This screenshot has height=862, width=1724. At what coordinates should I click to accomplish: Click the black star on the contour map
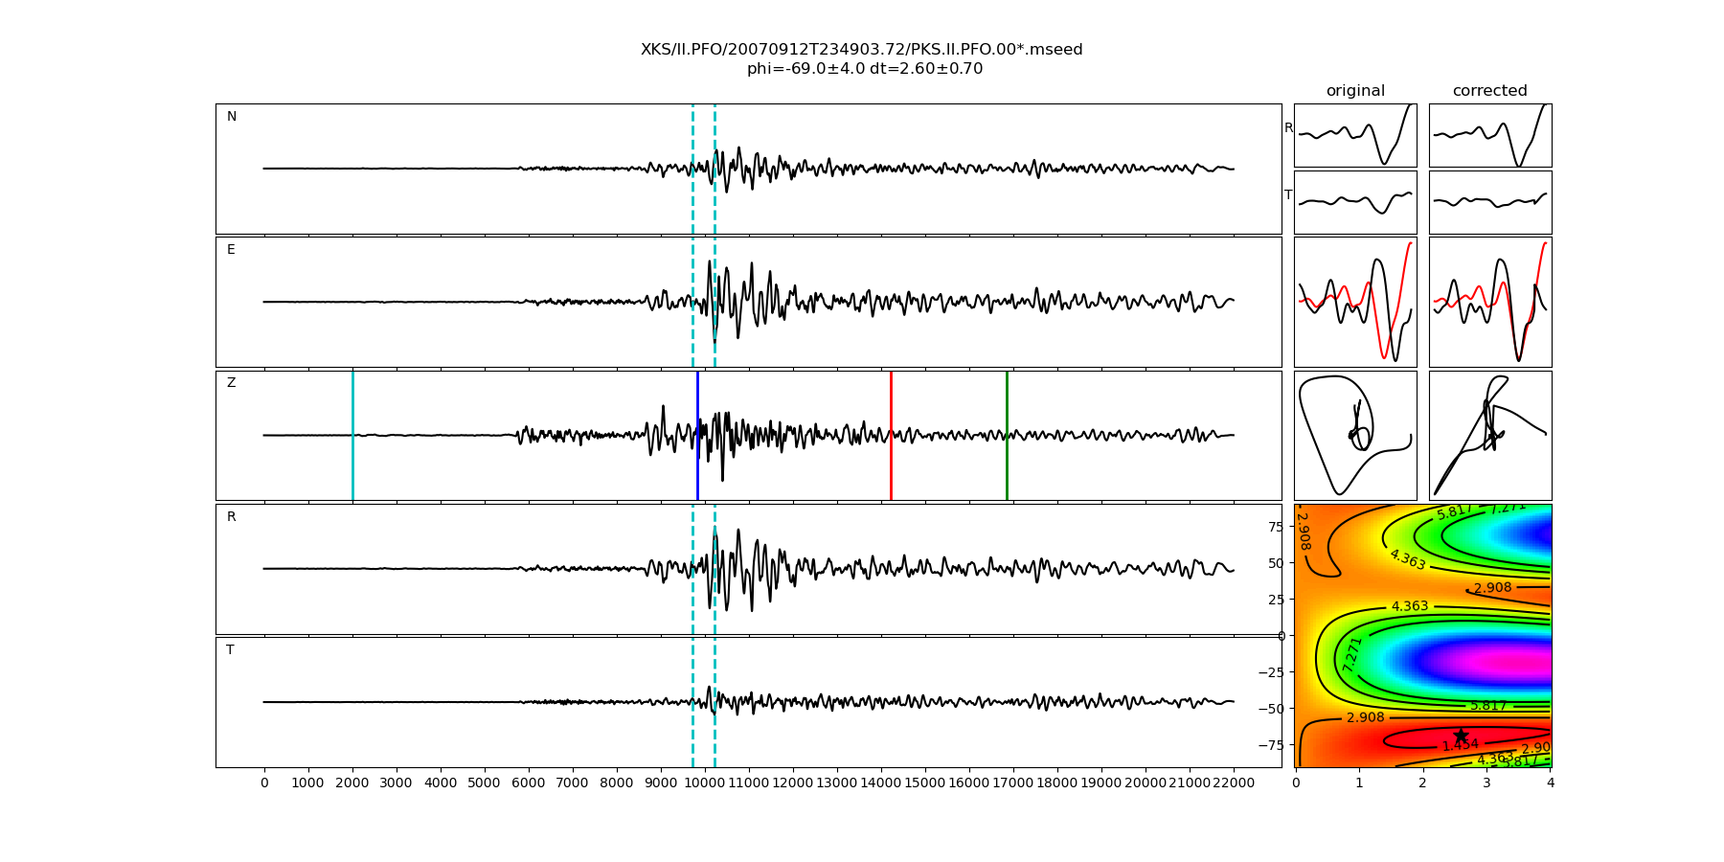(1461, 736)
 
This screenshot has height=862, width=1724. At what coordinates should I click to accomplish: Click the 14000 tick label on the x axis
(880, 783)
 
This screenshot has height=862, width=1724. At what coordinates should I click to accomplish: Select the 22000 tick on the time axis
(1233, 783)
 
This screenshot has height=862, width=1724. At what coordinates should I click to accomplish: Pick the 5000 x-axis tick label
(484, 783)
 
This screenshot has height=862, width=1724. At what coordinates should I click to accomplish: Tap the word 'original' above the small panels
(1355, 91)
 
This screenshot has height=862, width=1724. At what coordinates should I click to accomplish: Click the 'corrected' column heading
(1489, 91)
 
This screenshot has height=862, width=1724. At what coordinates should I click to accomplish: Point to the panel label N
(231, 117)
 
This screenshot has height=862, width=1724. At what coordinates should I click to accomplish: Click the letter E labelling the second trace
(231, 250)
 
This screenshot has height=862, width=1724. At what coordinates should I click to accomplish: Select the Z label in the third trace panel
(231, 383)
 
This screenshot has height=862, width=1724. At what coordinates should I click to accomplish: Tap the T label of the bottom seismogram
(230, 650)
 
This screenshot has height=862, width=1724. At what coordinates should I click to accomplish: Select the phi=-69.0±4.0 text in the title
(805, 69)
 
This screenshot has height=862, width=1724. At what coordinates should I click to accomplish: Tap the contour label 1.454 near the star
(1460, 745)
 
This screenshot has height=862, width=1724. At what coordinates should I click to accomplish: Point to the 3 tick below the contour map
(1486, 783)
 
